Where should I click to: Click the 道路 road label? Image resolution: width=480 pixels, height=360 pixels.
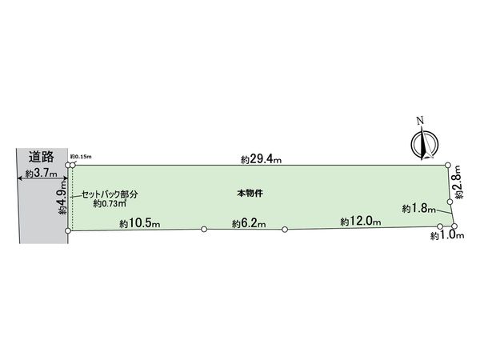click(42, 157)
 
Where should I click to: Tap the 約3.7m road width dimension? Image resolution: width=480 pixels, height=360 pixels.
click(42, 174)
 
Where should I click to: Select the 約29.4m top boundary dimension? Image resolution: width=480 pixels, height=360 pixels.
click(261, 159)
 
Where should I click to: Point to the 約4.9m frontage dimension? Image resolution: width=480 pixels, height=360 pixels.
click(62, 198)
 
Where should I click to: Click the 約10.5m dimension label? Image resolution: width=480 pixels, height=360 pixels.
click(139, 223)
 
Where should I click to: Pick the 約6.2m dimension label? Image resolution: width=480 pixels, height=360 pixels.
click(249, 223)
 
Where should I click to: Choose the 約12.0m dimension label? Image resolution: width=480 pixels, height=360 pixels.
click(361, 221)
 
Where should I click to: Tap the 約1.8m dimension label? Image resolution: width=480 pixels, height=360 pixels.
click(418, 209)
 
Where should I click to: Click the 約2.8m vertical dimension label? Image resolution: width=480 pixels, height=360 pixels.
click(457, 182)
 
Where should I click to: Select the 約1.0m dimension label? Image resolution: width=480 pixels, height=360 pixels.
click(447, 235)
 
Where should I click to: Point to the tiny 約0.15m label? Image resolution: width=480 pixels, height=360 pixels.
click(81, 157)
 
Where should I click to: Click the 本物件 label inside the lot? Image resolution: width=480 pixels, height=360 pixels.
click(250, 194)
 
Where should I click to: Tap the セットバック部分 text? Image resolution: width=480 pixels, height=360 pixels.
click(110, 194)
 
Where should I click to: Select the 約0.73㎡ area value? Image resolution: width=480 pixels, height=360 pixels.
click(110, 203)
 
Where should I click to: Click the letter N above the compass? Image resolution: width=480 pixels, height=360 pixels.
click(420, 120)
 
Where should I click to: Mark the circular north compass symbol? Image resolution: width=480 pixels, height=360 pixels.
click(424, 144)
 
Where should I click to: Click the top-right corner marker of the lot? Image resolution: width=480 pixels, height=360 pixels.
click(448, 166)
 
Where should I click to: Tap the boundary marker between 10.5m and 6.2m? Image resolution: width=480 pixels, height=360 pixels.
click(204, 229)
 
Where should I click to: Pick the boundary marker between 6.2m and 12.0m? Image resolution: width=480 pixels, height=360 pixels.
click(285, 229)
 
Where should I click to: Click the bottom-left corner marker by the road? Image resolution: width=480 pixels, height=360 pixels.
click(68, 230)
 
